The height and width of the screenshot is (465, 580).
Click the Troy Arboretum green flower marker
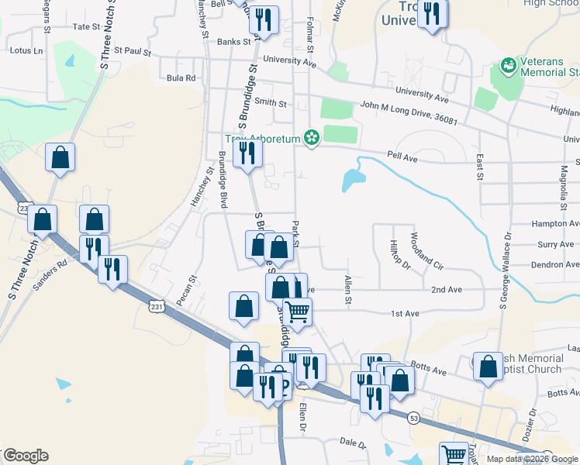point(312,138)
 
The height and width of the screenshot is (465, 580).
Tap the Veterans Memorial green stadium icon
point(509,66)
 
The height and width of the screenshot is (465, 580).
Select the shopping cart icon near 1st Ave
point(297,312)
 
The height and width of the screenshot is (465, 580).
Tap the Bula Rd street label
point(181,78)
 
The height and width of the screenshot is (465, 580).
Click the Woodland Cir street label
point(426,250)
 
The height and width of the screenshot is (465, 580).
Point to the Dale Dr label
point(353,443)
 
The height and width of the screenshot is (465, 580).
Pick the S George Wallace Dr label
point(506,272)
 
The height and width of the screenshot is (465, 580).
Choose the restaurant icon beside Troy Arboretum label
point(247,152)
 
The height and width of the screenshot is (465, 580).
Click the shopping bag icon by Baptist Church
point(489,367)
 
